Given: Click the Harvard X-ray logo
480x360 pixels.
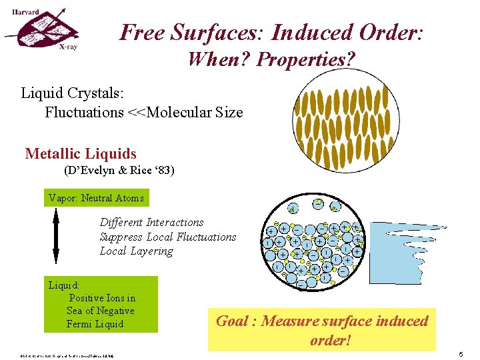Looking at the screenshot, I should click(44, 30).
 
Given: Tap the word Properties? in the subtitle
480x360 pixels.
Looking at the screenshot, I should click(306, 59).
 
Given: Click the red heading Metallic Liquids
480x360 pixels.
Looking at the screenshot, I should click(81, 154).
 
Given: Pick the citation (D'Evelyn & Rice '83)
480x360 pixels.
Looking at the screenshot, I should click(119, 171).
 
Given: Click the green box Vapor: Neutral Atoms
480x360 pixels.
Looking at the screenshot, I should click(96, 198).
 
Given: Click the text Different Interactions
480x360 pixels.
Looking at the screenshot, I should click(151, 222).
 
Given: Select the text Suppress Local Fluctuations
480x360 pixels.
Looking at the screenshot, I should click(167, 237).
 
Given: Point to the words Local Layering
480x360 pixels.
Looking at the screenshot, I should click(136, 251).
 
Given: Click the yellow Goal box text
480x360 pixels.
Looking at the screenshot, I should click(322, 329).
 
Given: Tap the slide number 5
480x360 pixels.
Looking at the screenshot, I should click(461, 355).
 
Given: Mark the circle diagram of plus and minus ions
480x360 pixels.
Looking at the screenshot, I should click(314, 245).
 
